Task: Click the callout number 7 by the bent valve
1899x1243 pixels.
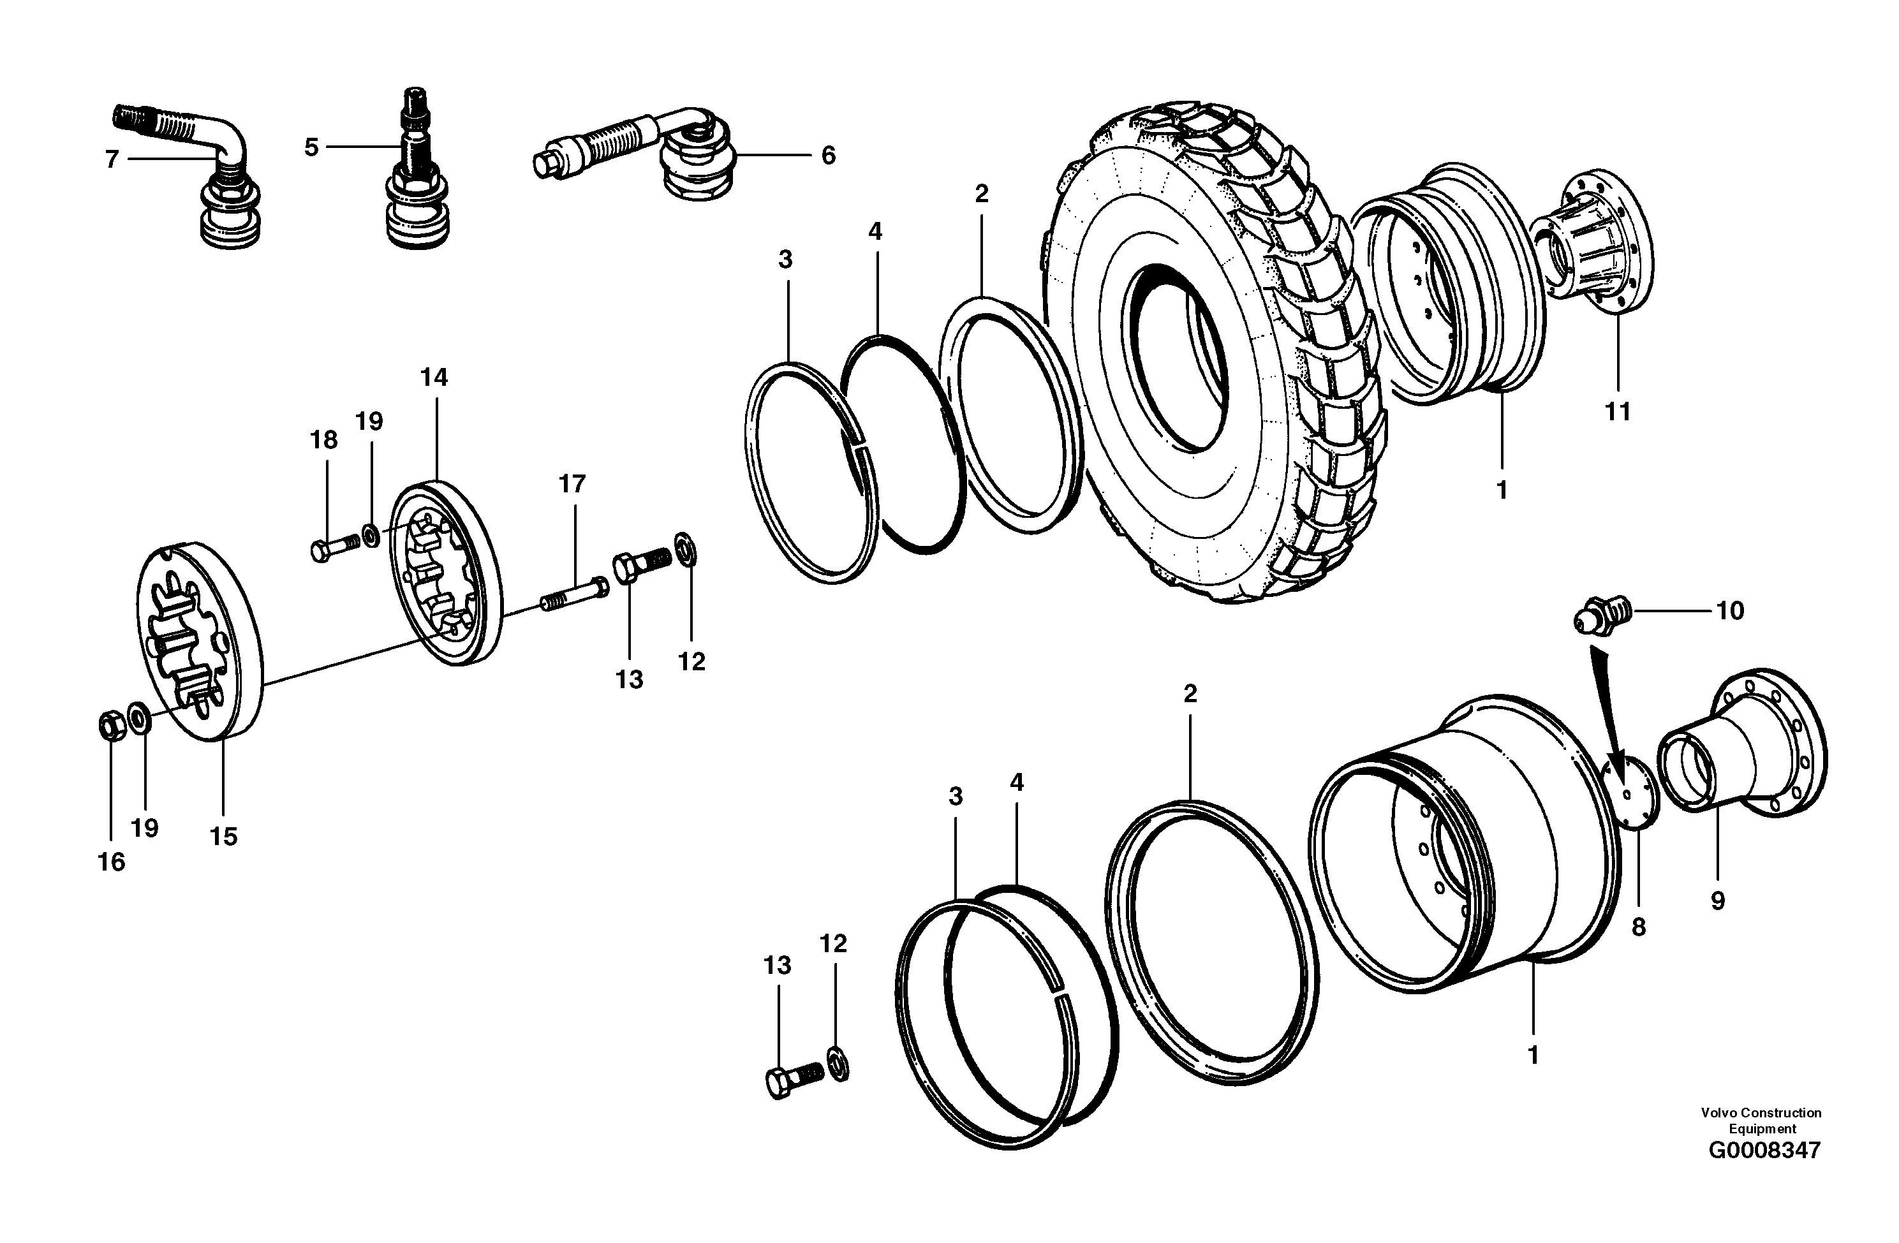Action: (112, 159)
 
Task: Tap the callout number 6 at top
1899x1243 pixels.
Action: (828, 156)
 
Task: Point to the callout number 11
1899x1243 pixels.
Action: (1617, 411)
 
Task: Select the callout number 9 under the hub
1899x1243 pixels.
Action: (1718, 901)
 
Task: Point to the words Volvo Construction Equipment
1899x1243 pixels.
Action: (1761, 1120)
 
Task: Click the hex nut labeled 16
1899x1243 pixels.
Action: (110, 726)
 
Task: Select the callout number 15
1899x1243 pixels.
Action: (223, 836)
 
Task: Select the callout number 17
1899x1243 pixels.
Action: (572, 483)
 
